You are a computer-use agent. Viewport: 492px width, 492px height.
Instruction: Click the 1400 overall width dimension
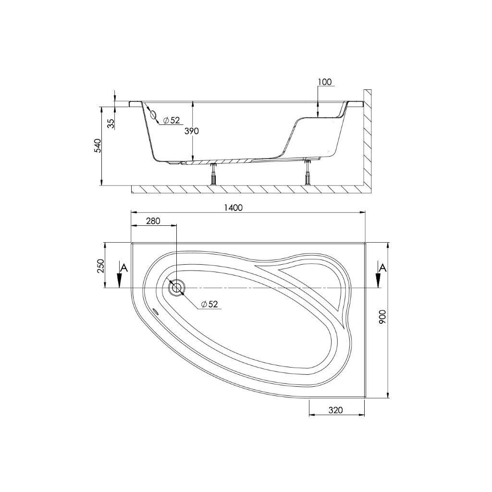coord(234,208)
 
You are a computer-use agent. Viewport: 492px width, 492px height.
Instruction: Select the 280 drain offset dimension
coord(153,221)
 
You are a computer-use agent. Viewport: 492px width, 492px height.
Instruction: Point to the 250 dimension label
coord(100,266)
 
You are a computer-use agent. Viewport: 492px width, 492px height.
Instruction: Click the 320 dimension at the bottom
coord(336,410)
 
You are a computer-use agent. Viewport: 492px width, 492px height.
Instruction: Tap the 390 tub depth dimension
coord(192,131)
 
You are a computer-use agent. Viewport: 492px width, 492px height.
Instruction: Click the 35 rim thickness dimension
coord(111,123)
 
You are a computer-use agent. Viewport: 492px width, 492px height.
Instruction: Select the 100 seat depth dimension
coord(324,82)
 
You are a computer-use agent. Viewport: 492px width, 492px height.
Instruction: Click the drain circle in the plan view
coord(177,288)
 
